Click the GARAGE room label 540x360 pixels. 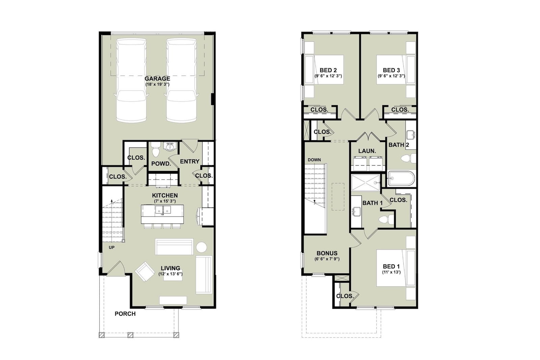[157, 79]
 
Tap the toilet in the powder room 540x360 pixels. [156, 149]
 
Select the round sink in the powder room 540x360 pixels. [171, 146]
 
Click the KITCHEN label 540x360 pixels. [165, 195]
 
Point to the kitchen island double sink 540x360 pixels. [163, 210]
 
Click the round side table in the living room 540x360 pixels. [201, 247]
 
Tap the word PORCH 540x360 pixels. [125, 314]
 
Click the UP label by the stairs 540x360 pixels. [111, 248]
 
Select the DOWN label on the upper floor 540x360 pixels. [314, 160]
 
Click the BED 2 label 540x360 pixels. [328, 70]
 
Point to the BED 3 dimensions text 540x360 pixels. [391, 76]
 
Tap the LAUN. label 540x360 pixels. [367, 151]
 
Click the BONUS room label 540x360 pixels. [327, 253]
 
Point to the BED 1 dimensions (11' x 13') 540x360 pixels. [391, 272]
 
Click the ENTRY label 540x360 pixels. [190, 161]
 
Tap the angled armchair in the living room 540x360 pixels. [145, 272]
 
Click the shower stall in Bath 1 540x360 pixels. [365, 182]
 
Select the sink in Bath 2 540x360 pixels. [411, 135]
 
